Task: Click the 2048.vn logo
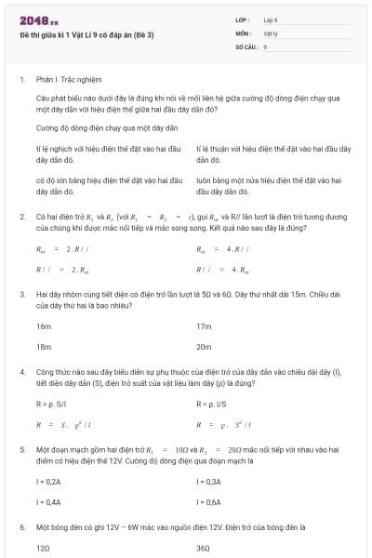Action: tap(38, 20)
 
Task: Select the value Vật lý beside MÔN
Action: tap(271, 33)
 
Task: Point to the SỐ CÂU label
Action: tap(245, 46)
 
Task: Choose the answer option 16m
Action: tap(44, 326)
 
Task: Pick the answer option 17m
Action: tap(205, 326)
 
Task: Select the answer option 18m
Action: tap(44, 345)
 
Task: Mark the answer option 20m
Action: tap(205, 345)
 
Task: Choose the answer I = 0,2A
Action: tap(48, 482)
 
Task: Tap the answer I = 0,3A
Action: tap(209, 482)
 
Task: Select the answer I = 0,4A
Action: tap(48, 501)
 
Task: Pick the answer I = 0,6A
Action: tap(209, 501)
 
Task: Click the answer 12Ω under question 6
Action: tap(43, 548)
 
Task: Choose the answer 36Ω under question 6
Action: tap(204, 548)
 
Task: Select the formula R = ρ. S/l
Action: tap(52, 405)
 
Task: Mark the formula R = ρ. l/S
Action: tap(213, 405)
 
